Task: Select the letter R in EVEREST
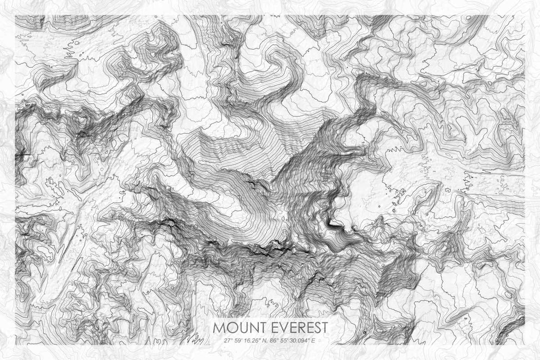[296, 328]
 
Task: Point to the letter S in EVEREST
[314, 328]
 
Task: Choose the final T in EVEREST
[323, 328]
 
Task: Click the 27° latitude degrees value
[228, 340]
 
